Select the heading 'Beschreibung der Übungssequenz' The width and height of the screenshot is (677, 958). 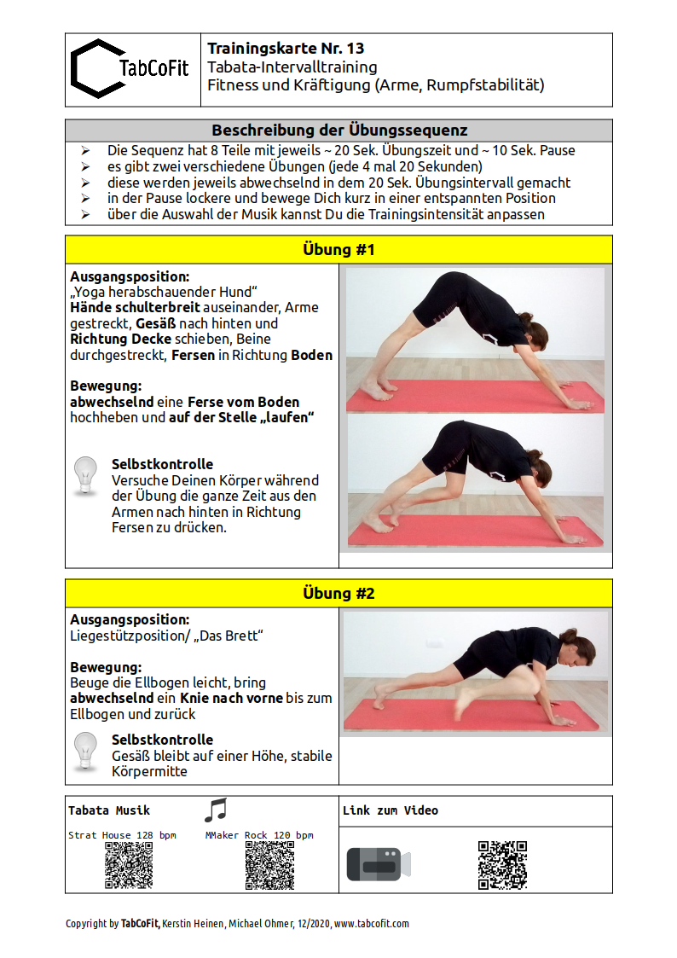click(338, 131)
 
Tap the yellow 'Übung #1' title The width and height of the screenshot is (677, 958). click(338, 249)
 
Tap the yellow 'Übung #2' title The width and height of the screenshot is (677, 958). click(338, 593)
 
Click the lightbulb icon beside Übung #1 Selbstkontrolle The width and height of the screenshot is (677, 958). click(85, 476)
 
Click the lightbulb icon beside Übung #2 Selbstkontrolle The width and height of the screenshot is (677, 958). click(85, 752)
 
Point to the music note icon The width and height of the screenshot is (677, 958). click(216, 810)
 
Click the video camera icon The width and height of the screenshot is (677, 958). click(378, 864)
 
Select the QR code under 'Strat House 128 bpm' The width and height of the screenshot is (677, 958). click(129, 865)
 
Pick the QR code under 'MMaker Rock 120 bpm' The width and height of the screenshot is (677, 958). click(269, 865)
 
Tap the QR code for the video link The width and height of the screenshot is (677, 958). click(502, 865)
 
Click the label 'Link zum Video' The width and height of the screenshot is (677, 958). click(391, 810)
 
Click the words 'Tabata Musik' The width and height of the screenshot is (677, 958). click(109, 810)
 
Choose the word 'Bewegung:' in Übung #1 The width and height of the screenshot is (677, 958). click(106, 386)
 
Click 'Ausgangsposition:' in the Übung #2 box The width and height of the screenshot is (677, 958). click(130, 620)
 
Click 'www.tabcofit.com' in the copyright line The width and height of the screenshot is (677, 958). click(372, 923)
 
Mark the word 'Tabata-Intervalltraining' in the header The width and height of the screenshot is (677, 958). click(292, 67)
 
